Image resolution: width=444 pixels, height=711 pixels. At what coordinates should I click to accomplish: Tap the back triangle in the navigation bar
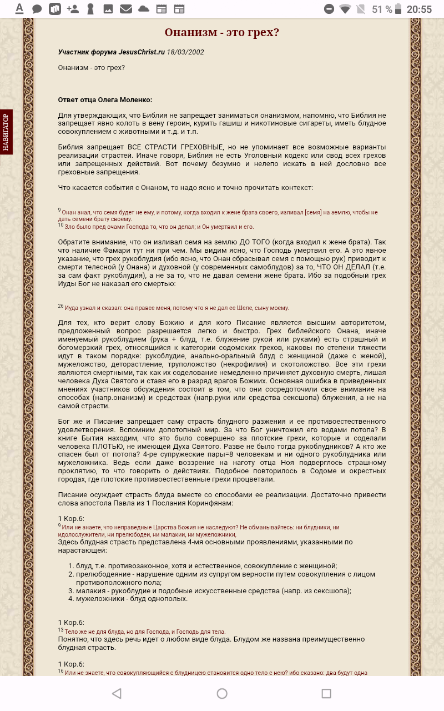(117, 693)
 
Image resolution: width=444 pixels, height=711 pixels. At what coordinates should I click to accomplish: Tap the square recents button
(326, 693)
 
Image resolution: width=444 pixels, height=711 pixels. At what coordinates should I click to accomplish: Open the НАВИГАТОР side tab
(6, 132)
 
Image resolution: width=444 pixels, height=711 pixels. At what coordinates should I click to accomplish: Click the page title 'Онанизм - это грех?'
(222, 32)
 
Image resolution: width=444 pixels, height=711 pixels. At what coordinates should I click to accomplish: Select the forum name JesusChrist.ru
(142, 52)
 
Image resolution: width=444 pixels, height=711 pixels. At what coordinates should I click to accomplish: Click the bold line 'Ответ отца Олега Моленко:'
(105, 99)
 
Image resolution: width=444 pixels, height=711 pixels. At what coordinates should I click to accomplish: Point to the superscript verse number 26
(60, 306)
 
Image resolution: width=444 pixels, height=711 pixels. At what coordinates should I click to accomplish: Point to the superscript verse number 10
(60, 225)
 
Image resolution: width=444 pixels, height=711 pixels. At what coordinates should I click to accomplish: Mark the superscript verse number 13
(60, 630)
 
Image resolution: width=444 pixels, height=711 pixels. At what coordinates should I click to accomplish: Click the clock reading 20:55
(419, 9)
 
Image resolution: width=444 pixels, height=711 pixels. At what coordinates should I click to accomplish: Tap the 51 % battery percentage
(381, 9)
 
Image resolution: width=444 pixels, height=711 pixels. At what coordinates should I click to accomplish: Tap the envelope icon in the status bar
(126, 9)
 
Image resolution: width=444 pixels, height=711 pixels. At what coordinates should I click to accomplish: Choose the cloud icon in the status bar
(144, 9)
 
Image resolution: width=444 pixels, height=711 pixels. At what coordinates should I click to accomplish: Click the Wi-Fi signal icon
(345, 9)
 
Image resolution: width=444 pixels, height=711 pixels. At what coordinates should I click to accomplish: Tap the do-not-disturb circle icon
(329, 9)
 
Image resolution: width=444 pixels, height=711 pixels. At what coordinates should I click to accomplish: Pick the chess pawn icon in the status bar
(90, 9)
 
